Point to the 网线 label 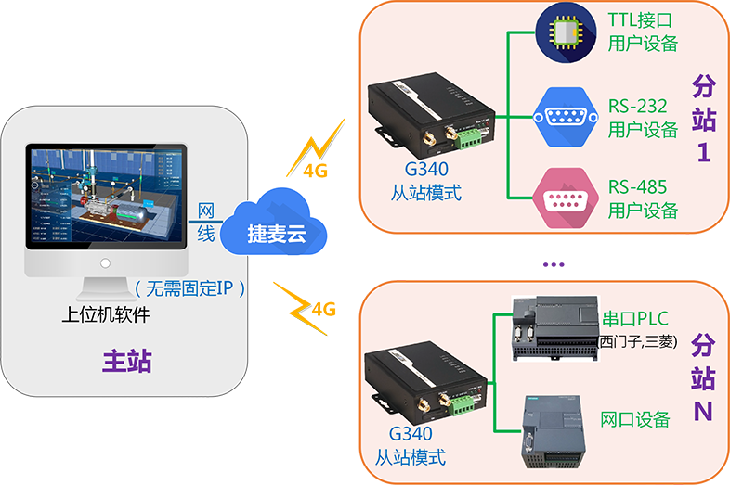click(206, 223)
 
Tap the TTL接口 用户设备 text click(642, 32)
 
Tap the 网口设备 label click(635, 420)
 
